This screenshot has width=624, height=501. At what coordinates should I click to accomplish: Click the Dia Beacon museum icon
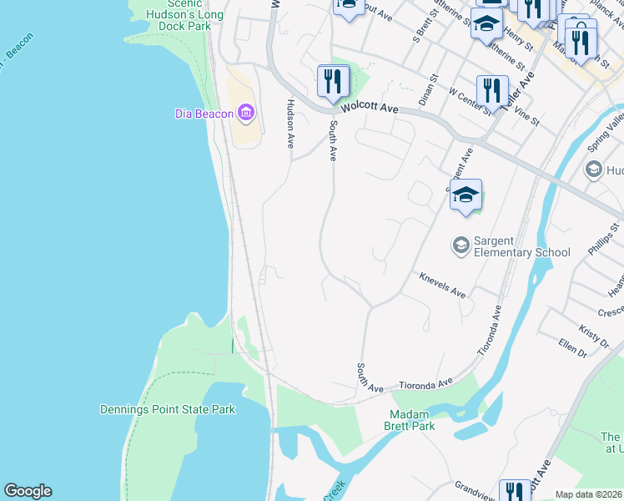click(245, 112)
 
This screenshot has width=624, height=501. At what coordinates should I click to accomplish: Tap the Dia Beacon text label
click(204, 114)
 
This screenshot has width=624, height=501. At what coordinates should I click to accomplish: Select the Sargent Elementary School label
click(521, 246)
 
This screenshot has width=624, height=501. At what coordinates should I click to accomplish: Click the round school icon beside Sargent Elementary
click(460, 245)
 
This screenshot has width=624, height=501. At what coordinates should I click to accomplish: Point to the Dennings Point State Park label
click(167, 409)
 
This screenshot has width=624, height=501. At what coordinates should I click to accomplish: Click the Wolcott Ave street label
click(375, 109)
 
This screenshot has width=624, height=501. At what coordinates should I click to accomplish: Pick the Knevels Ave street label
click(442, 285)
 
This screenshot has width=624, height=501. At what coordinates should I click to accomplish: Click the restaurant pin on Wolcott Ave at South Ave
click(333, 82)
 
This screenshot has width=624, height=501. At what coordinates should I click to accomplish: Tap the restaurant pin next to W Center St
click(492, 90)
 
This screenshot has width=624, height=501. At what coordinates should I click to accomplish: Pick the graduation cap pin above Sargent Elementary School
click(465, 195)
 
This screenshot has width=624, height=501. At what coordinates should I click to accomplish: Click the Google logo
click(28, 491)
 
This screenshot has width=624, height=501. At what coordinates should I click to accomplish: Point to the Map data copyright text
click(589, 494)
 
